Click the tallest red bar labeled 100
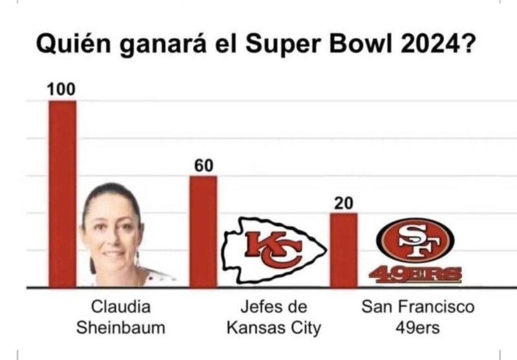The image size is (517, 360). [63, 194]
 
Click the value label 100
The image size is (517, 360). [61, 89]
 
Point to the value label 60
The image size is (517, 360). [204, 165]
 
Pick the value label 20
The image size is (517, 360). [343, 203]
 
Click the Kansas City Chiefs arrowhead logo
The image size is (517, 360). [272, 250]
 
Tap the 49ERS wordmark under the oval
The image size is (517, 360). [416, 275]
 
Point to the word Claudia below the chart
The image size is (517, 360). [120, 306]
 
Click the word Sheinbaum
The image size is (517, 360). [121, 328]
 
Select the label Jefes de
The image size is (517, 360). [273, 306]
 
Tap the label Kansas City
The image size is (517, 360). [273, 328]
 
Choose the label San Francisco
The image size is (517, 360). [417, 306]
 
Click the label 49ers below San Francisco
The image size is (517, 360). [417, 328]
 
